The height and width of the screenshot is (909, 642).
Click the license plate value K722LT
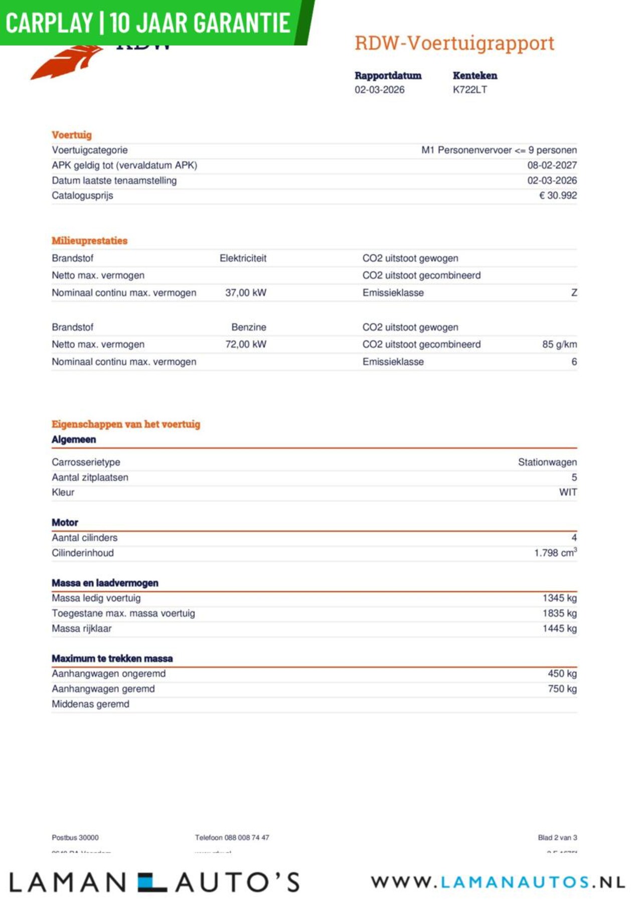(469, 90)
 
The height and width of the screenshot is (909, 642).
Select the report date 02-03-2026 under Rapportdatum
(379, 90)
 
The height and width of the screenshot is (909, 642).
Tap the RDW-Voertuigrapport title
(454, 43)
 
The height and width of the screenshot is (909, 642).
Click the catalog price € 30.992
(558, 196)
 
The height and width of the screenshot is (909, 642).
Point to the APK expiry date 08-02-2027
(552, 166)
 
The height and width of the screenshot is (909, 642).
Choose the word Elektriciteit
(243, 258)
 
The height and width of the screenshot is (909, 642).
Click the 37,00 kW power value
(246, 293)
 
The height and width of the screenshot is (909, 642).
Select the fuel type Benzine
(249, 328)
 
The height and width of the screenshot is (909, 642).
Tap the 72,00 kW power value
(246, 345)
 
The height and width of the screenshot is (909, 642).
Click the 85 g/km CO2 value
(559, 345)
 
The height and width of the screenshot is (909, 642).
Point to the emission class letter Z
(574, 293)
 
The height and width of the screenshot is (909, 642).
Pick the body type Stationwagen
(547, 463)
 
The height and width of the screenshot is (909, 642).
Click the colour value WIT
(568, 493)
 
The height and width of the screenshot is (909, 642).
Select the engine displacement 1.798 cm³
(555, 553)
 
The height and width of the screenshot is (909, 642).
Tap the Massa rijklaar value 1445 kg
(559, 629)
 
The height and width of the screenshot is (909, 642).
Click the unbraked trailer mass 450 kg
(562, 674)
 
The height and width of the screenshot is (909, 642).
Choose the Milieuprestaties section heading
(89, 241)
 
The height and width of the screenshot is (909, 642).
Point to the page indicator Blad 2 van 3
(557, 837)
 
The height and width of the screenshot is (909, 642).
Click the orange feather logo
(65, 63)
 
